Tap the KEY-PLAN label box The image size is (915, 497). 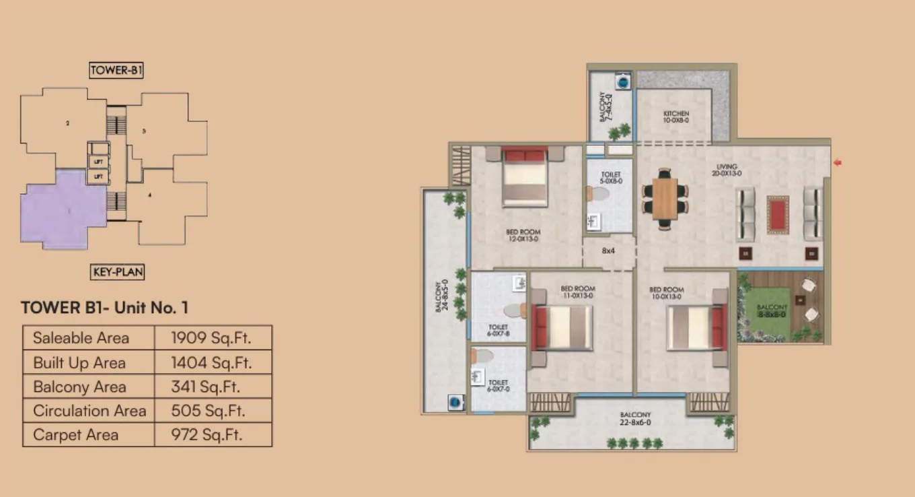coord(117,272)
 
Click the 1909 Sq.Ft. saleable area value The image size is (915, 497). coord(212,338)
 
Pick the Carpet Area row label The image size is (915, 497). coord(75,435)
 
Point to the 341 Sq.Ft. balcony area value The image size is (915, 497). coord(205,387)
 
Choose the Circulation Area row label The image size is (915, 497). coord(89,411)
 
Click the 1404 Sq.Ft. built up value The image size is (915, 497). coord(211,362)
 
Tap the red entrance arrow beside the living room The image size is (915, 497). coord(838,162)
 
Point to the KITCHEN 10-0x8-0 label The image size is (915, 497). coord(676,117)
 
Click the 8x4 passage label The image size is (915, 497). coord(608,251)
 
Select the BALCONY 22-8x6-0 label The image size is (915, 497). coord(635,419)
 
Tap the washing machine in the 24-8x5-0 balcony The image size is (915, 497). coord(455,403)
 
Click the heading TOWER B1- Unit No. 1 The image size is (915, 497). coord(104,308)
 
